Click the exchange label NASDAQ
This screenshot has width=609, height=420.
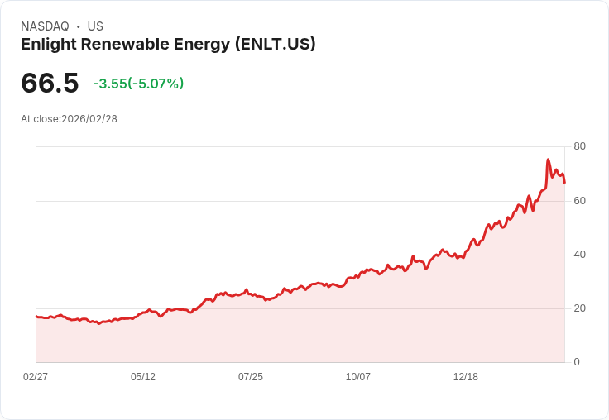[45, 26]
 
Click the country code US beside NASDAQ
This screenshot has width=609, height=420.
[95, 26]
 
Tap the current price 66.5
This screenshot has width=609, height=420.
[50, 83]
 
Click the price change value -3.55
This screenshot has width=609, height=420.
[109, 84]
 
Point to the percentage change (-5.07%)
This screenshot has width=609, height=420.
[156, 84]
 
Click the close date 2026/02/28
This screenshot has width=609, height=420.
[89, 119]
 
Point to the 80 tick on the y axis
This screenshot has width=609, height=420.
[579, 146]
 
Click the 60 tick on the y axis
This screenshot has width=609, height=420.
[579, 200]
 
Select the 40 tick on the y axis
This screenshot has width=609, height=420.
[579, 254]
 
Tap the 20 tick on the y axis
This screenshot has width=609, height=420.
[579, 308]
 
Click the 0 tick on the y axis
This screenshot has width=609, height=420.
[577, 361]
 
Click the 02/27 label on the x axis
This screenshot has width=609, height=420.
[36, 376]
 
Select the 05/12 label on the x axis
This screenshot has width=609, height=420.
[143, 376]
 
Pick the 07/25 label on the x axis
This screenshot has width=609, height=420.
[251, 376]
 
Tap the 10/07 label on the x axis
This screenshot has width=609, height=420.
[358, 376]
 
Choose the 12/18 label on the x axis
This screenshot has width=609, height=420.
[466, 376]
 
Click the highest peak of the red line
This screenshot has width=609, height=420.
[548, 160]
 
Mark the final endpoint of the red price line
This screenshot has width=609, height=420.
[564, 183]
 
